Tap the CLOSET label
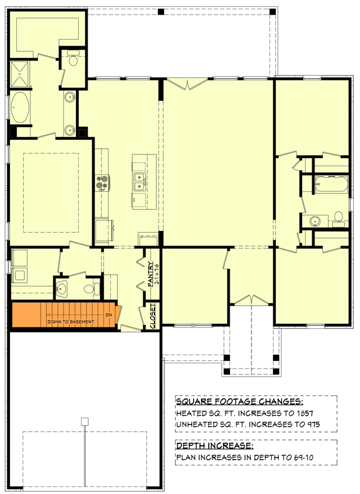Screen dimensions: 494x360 click(x=153, y=316)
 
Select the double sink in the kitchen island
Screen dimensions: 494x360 click(x=140, y=182)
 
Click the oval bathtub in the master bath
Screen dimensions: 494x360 click(x=22, y=107)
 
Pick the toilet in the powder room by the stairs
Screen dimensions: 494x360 click(x=89, y=288)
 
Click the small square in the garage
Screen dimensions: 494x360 click(x=84, y=421)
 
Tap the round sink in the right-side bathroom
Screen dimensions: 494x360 click(x=315, y=221)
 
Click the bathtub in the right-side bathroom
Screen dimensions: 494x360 click(x=330, y=185)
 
